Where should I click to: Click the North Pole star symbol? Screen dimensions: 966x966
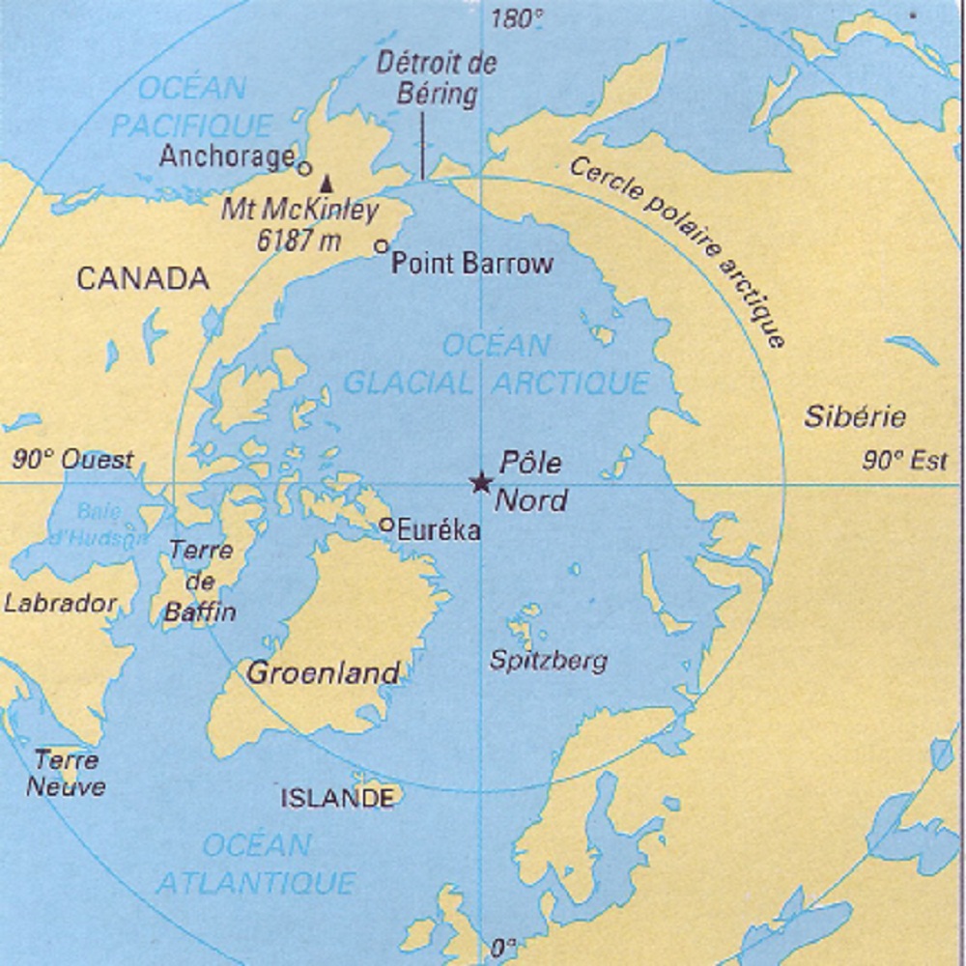[480, 482]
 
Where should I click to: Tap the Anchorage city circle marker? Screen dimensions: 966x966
[304, 168]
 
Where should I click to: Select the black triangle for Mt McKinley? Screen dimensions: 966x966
[327, 182]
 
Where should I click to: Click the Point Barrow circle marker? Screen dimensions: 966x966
[382, 246]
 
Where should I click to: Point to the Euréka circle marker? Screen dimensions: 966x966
[386, 525]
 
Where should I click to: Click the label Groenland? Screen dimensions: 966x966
[323, 673]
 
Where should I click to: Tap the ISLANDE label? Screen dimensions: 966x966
[338, 798]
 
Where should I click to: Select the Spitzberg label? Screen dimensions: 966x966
[549, 662]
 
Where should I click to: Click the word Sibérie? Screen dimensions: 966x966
[855, 417]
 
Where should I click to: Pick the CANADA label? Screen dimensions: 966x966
[143, 279]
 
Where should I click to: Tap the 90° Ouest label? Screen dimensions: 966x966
[72, 460]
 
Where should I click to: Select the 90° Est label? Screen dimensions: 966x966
[905, 462]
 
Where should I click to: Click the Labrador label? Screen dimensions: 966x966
[60, 604]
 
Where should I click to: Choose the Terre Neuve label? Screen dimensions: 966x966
[66, 773]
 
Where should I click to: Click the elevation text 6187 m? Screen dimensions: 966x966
[299, 241]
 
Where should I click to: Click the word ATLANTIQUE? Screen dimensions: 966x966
[256, 882]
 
